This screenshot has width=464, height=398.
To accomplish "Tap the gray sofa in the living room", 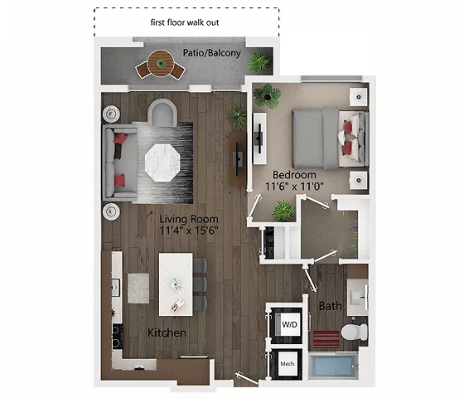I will click(117, 163).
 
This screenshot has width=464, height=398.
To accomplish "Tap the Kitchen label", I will click(166, 332).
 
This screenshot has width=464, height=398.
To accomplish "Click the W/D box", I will click(290, 323).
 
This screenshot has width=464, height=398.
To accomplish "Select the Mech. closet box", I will click(288, 363).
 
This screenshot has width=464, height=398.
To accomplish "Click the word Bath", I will click(331, 306).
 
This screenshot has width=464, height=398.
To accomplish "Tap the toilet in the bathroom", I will click(353, 333).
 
